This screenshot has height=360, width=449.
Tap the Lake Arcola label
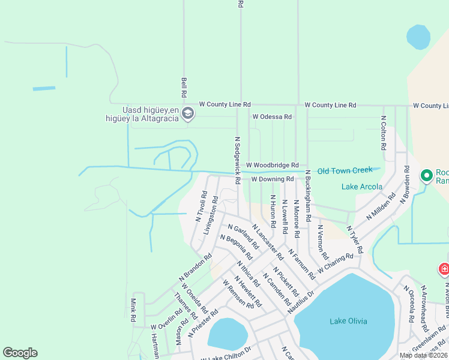point(362,187)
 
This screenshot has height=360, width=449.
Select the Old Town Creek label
point(345,170)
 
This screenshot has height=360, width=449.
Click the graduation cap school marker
point(188,113)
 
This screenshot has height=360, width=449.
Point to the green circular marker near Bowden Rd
point(427,176)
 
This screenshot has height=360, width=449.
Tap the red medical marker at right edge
point(444,269)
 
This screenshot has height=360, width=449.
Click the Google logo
point(20,353)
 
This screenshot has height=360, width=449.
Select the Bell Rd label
point(184,88)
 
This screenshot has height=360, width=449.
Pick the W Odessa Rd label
point(272,116)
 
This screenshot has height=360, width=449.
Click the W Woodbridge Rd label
point(272,165)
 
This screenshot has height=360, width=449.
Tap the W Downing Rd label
point(272,179)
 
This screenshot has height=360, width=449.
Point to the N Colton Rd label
point(382,133)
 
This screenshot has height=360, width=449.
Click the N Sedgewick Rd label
point(238,160)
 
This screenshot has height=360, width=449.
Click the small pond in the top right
point(418,37)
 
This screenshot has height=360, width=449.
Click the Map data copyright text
point(423,355)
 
